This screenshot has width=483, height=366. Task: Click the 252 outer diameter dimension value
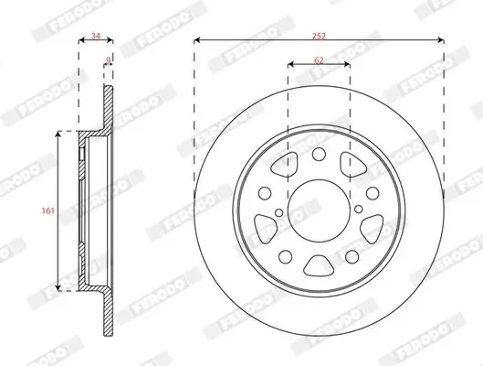coord(319,34)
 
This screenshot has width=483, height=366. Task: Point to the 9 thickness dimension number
coord(109,59)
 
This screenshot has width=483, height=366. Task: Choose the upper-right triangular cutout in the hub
coord(350,165)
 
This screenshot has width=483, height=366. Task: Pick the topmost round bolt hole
coord(318,153)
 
